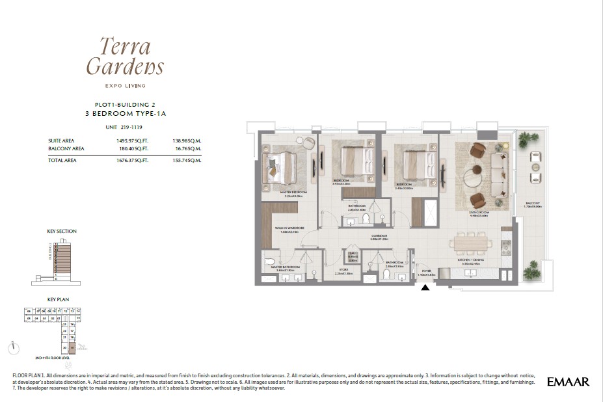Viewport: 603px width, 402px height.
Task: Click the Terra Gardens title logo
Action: pos(124,57)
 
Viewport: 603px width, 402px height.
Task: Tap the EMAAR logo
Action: pos(568,382)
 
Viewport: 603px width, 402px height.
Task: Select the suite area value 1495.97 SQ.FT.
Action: pos(133,141)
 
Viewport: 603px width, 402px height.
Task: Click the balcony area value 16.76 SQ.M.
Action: pos(187,149)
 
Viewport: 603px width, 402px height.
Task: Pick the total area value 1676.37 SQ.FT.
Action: pos(133,160)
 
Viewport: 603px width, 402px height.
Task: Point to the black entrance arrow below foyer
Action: pos(425,287)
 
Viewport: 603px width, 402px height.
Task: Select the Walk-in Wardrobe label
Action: pos(287,229)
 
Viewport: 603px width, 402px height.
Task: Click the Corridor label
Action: pos(379,235)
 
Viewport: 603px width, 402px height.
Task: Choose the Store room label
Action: pos(343,271)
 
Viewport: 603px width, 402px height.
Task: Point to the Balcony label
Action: pos(533,204)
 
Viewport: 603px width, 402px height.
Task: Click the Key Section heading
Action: pos(62,231)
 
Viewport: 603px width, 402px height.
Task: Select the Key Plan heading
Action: pos(59,300)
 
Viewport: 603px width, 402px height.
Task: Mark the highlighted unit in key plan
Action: pos(72,348)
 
